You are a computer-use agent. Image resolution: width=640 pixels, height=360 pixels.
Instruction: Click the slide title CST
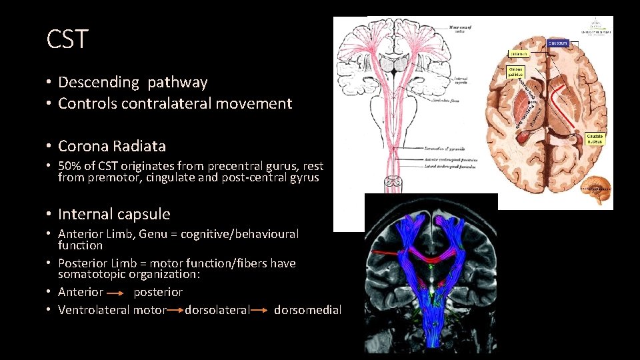[x=67, y=39]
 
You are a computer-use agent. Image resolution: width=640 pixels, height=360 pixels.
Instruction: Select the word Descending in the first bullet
[x=99, y=83]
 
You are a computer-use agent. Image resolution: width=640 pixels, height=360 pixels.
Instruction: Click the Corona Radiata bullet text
[x=112, y=146]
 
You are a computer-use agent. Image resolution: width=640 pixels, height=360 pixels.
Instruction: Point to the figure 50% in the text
[x=70, y=166]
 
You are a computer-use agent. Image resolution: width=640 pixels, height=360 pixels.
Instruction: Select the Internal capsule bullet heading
[x=114, y=215]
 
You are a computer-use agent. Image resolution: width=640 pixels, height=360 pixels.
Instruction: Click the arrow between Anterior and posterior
[x=118, y=293]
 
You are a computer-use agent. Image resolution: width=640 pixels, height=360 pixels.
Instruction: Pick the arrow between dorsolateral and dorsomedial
[x=261, y=310]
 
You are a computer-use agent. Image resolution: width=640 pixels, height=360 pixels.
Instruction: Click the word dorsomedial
[x=307, y=310]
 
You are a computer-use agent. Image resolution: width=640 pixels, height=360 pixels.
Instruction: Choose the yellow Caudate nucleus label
[x=594, y=138]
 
